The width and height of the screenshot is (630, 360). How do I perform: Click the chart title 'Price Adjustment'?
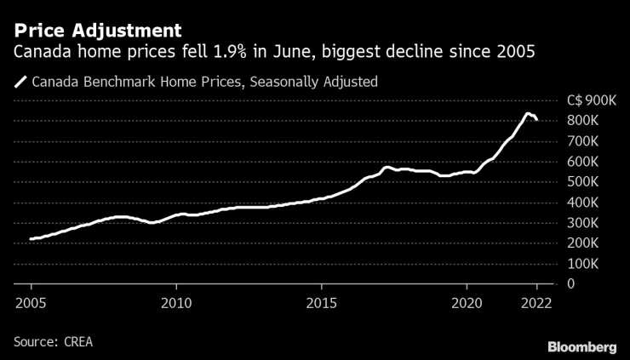97,31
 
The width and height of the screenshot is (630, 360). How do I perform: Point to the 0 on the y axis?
571,283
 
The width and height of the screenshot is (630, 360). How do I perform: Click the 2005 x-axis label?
30,303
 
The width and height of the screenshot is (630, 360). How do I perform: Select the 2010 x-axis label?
176,303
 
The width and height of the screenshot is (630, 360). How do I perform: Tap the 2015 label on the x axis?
321,303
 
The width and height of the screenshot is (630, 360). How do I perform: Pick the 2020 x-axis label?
467,303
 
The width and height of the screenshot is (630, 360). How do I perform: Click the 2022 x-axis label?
536,303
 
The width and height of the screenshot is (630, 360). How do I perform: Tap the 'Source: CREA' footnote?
53,341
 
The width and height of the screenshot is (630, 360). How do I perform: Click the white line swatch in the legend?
20,83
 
